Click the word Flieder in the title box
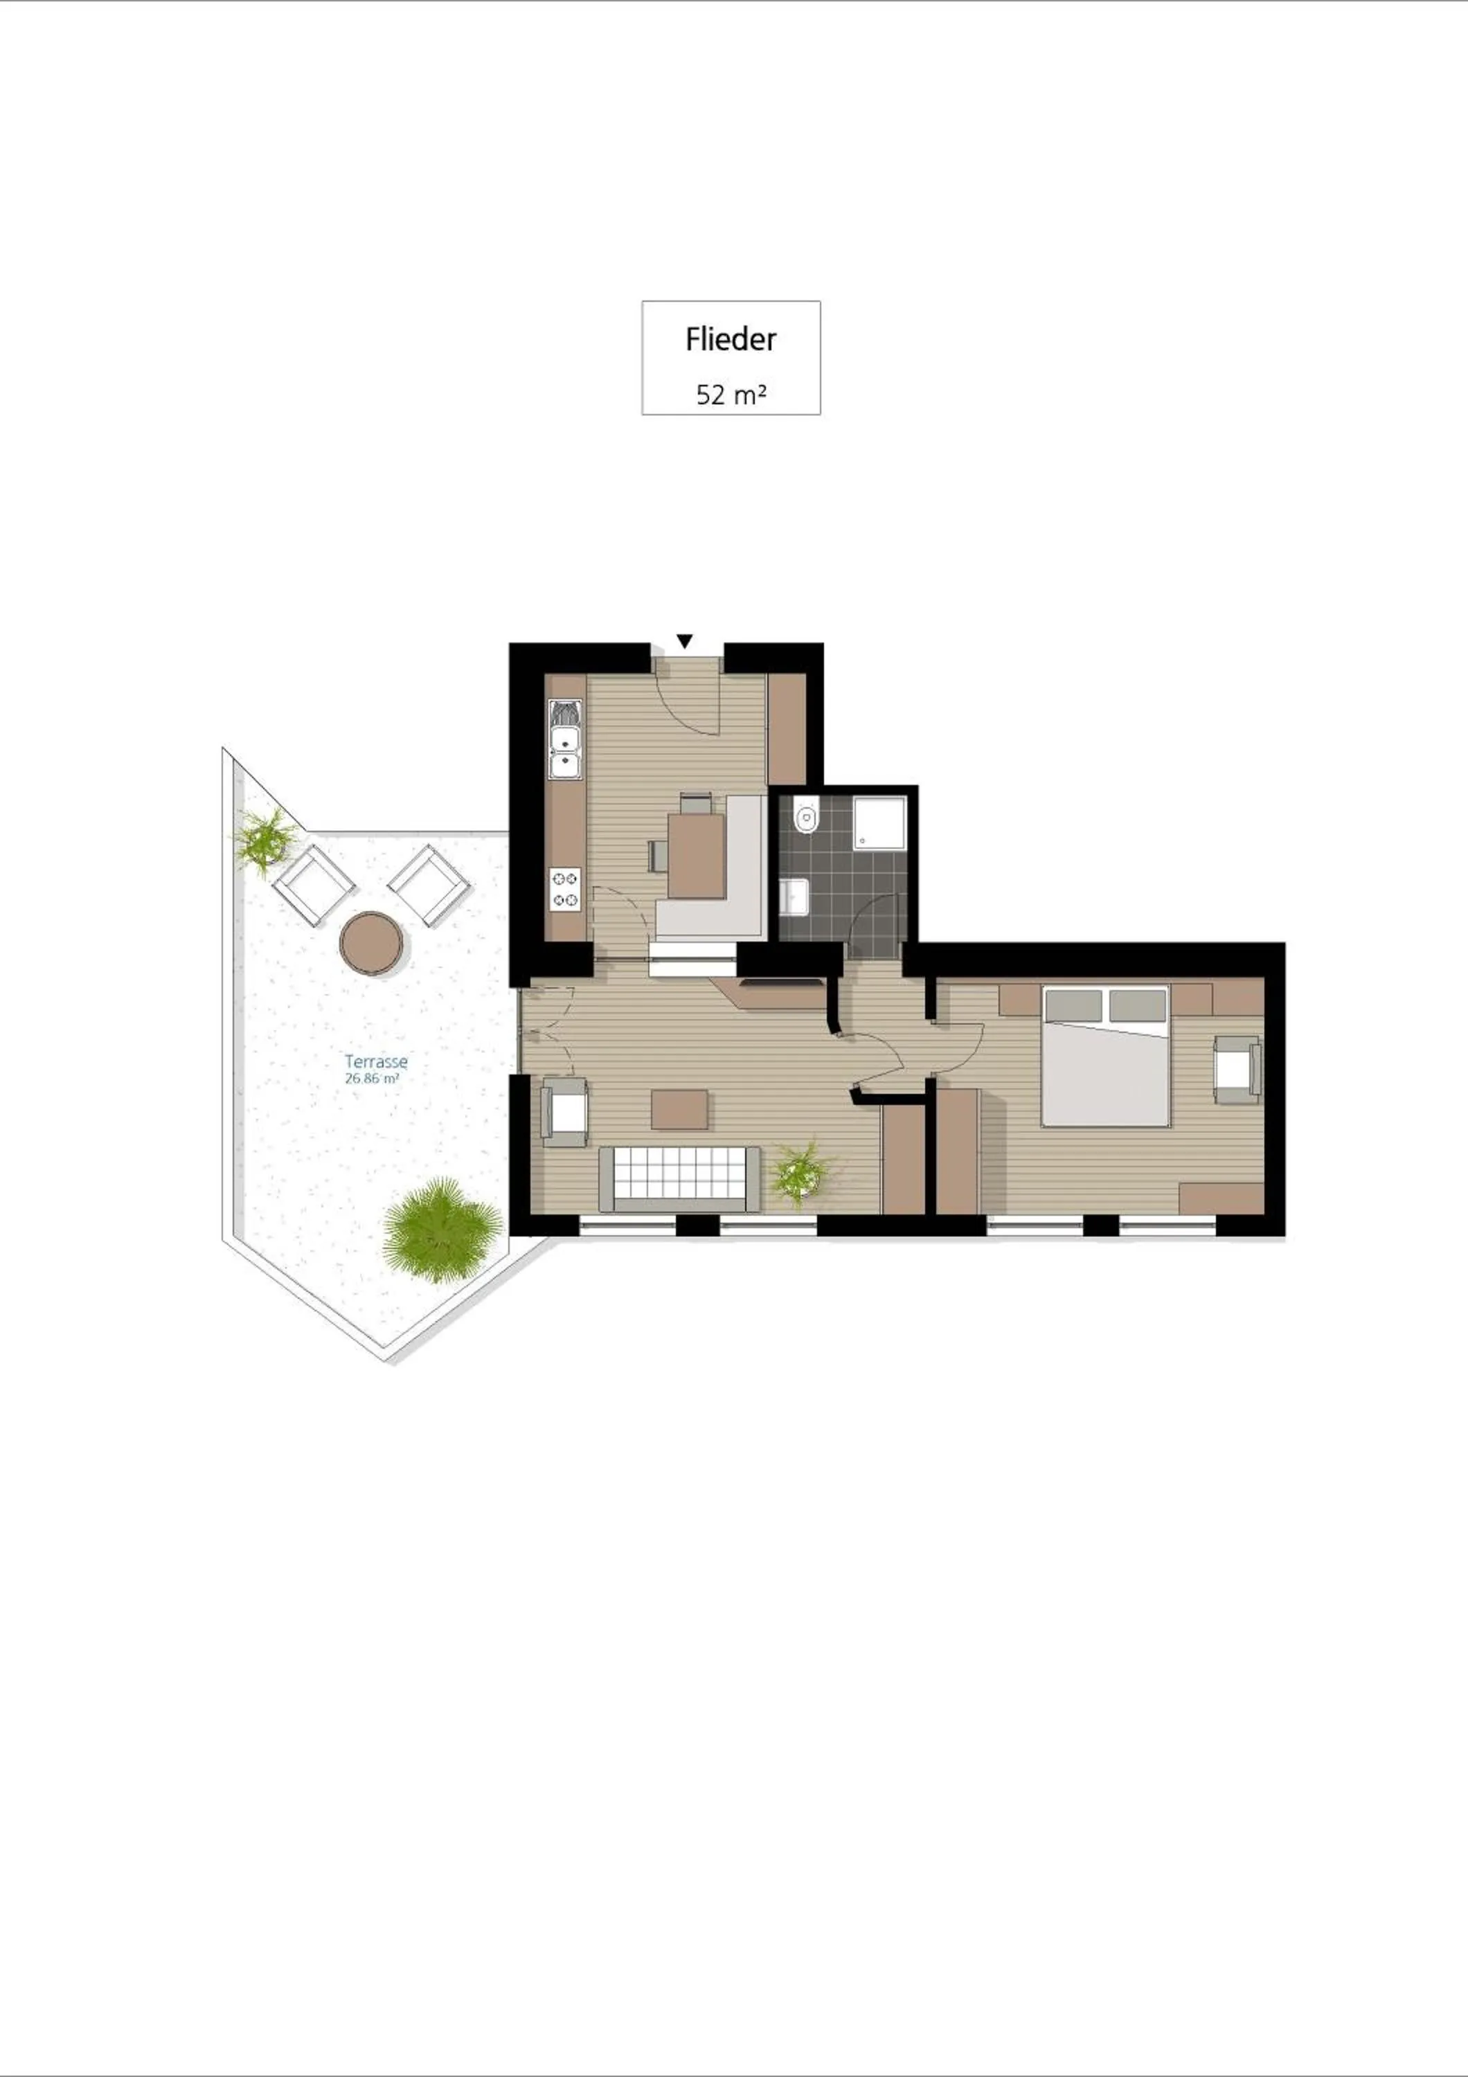click(730, 339)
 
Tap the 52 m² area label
click(731, 395)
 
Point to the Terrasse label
click(375, 1062)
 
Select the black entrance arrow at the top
click(685, 640)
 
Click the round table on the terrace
click(371, 942)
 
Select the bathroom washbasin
click(795, 897)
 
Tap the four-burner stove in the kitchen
click(565, 888)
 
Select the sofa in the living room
click(679, 1178)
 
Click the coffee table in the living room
click(679, 1109)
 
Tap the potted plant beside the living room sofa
click(800, 1171)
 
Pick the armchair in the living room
click(564, 1112)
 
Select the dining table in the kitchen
click(697, 854)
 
